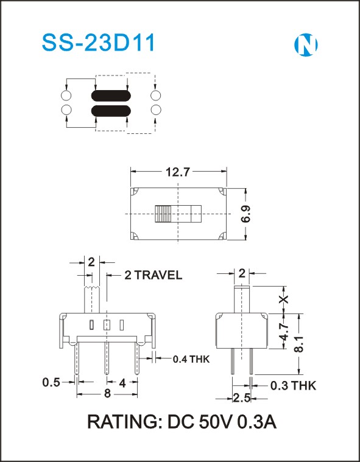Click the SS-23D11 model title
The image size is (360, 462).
[99, 43]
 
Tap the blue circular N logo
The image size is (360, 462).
[306, 45]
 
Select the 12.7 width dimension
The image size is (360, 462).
[178, 172]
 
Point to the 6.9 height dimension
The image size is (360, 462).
[247, 214]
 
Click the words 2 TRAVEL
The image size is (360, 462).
[154, 275]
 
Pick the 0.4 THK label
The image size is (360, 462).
[191, 359]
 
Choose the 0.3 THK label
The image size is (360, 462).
[293, 385]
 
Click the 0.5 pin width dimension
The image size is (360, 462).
[51, 382]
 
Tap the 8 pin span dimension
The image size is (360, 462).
[108, 393]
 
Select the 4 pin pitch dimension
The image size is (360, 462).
[122, 383]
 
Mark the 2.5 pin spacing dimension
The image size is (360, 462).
[241, 397]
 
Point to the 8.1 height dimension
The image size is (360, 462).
[299, 344]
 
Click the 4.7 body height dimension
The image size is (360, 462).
[284, 332]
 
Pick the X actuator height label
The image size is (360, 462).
[284, 299]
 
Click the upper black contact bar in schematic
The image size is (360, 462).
[111, 96]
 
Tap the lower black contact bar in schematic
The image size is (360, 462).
[111, 111]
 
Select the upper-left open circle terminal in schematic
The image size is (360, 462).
[66, 96]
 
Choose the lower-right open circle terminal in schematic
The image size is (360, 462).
[156, 110]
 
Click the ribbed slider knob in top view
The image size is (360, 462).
[163, 214]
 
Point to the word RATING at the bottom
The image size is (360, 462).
[122, 422]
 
